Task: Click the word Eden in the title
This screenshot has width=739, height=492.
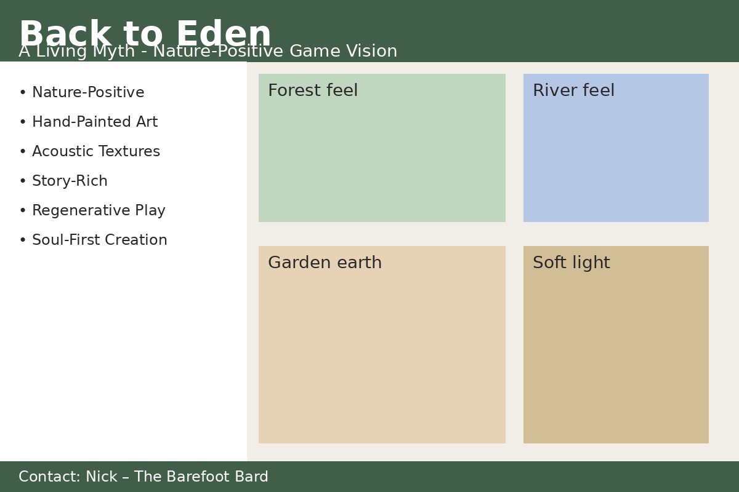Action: pyautogui.click(x=224, y=33)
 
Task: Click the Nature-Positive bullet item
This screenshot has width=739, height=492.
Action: pyautogui.click(x=88, y=92)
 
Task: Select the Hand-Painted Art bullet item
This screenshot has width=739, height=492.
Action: pyautogui.click(x=95, y=122)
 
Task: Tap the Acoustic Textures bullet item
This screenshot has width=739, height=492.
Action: pyautogui.click(x=96, y=151)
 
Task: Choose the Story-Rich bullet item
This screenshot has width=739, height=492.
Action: pyautogui.click(x=70, y=181)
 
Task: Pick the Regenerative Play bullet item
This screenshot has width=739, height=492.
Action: pyautogui.click(x=99, y=210)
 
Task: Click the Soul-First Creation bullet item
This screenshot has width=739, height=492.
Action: pyautogui.click(x=100, y=240)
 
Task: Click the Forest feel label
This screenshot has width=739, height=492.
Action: pyautogui.click(x=313, y=90)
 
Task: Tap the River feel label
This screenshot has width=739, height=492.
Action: pyautogui.click(x=574, y=90)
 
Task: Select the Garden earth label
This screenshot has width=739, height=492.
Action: pyautogui.click(x=325, y=263)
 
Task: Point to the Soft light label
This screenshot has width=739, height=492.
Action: pyautogui.click(x=571, y=263)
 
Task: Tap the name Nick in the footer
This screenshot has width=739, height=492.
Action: pyautogui.click(x=101, y=477)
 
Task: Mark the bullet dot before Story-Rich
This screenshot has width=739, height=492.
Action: pyautogui.click(x=23, y=181)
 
